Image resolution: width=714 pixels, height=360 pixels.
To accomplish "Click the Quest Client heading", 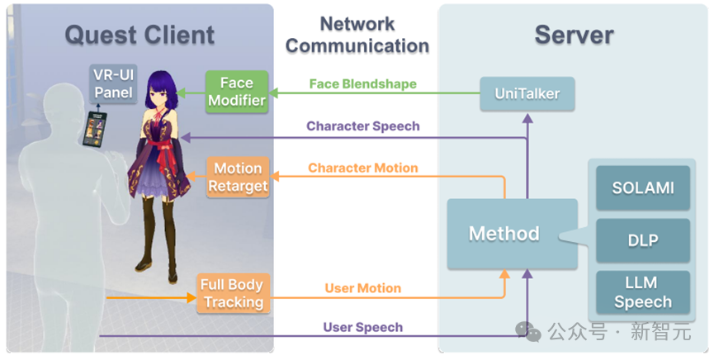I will click(x=139, y=35).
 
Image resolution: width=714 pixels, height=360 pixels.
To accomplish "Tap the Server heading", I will click(x=574, y=35).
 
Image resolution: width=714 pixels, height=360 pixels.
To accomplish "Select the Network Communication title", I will click(x=357, y=35).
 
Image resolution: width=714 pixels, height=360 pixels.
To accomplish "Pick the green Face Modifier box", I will click(x=236, y=92).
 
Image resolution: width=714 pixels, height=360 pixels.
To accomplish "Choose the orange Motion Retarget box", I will click(x=238, y=177).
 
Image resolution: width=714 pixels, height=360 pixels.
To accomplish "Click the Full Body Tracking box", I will click(x=233, y=293).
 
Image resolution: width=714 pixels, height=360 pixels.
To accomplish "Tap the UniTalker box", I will click(x=527, y=93).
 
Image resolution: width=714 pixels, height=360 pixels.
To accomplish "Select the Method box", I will click(x=504, y=234).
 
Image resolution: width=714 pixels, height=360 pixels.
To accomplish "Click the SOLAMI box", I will click(x=642, y=188).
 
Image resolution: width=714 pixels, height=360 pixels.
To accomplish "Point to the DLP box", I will click(x=642, y=239).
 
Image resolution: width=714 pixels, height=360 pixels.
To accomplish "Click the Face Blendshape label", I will click(x=363, y=84).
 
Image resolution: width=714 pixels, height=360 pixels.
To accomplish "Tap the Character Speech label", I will click(x=363, y=126).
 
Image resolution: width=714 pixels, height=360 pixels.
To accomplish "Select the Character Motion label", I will click(x=363, y=168).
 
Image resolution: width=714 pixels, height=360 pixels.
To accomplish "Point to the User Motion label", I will click(x=363, y=288).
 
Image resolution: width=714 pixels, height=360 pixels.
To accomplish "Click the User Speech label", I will click(x=363, y=327).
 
